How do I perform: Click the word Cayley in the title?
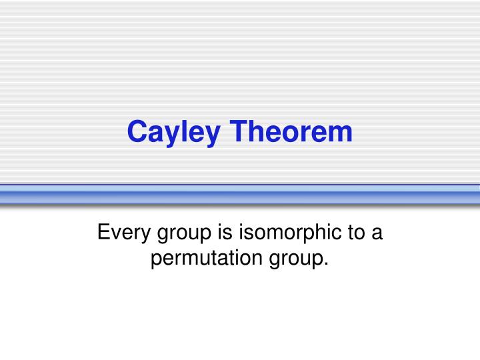172,132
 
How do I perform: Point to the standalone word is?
221,233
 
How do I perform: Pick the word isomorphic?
289,233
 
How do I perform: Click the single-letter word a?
377,234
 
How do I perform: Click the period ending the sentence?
327,264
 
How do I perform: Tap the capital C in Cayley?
136,131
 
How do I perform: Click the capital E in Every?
103,233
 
